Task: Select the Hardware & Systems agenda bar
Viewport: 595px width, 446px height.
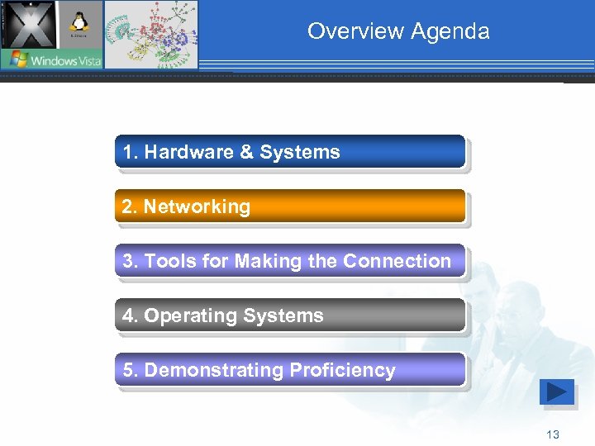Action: [289, 152]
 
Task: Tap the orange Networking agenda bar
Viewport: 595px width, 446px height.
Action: [289, 206]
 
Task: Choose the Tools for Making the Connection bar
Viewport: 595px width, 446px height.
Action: [289, 261]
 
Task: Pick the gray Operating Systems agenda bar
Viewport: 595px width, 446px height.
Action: [289, 316]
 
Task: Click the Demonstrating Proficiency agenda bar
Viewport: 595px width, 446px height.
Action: [289, 370]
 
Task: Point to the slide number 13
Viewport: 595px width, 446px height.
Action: [553, 435]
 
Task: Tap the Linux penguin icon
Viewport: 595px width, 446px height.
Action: [80, 25]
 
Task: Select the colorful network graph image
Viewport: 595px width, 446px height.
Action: [151, 35]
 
